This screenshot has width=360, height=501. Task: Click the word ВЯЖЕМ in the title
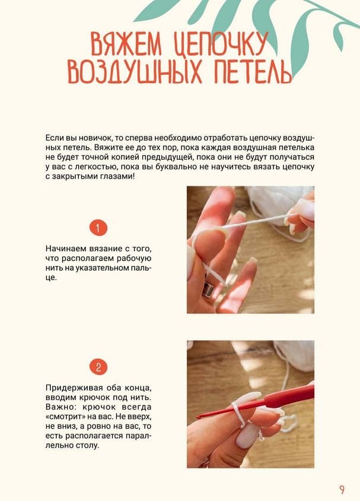coord(126,44)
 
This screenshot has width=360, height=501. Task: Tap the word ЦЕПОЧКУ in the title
coord(221,44)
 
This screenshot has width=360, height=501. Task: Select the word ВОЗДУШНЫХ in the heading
coord(135,71)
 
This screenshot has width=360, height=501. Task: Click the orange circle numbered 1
coord(98,228)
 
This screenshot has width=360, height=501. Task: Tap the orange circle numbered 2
coord(98,367)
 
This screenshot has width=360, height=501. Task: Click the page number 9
coord(342,490)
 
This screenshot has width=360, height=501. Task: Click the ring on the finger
coord(208,288)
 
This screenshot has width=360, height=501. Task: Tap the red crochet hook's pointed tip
coord(197,417)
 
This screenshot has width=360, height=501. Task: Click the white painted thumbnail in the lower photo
coord(247,436)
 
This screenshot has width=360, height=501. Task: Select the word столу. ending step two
coord(87,445)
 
